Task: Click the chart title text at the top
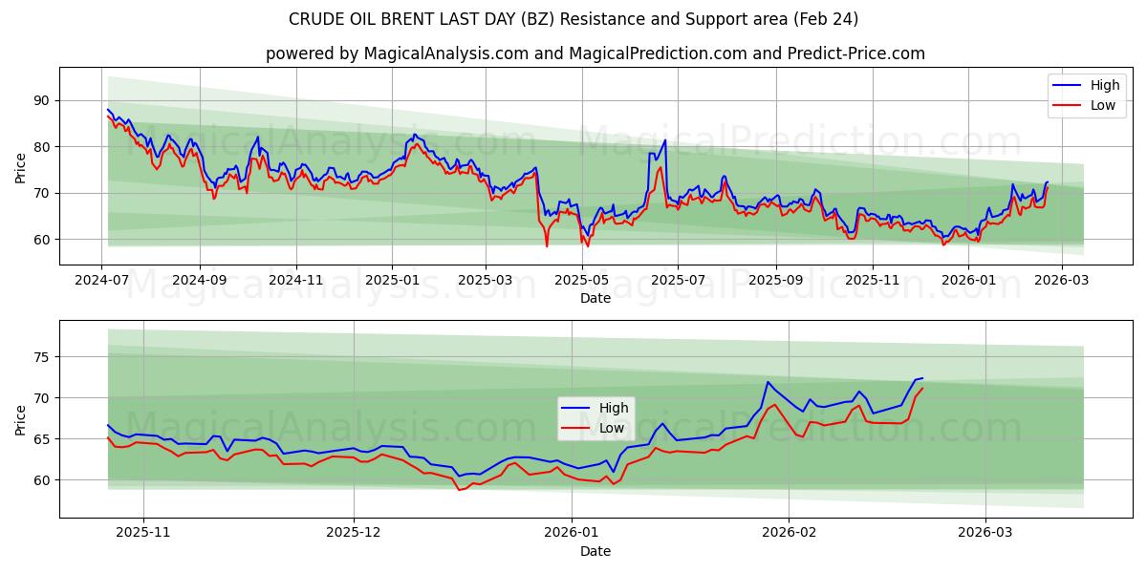click(x=573, y=19)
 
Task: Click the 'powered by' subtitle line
click(x=595, y=53)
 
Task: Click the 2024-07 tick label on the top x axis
click(x=102, y=282)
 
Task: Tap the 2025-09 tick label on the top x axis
click(x=775, y=282)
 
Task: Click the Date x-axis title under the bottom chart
click(x=595, y=551)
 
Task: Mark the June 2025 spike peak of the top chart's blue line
click(x=664, y=140)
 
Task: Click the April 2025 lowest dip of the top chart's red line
click(x=547, y=246)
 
